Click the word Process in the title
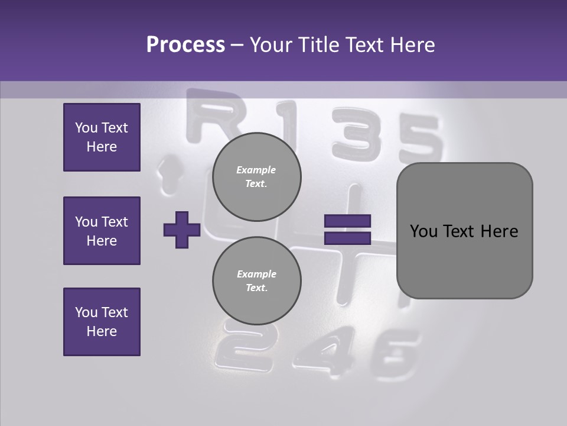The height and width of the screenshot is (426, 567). coord(185,45)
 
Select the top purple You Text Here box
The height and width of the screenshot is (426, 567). coord(102,137)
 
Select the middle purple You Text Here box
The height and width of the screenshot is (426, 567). coord(102,231)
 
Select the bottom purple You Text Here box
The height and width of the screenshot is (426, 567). coord(102,322)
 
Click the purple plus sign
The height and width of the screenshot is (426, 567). coord(182,230)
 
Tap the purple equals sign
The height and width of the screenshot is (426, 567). coord(347,230)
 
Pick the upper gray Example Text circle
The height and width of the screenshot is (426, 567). coord(256,176)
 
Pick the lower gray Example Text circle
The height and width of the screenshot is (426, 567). coord(256,280)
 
